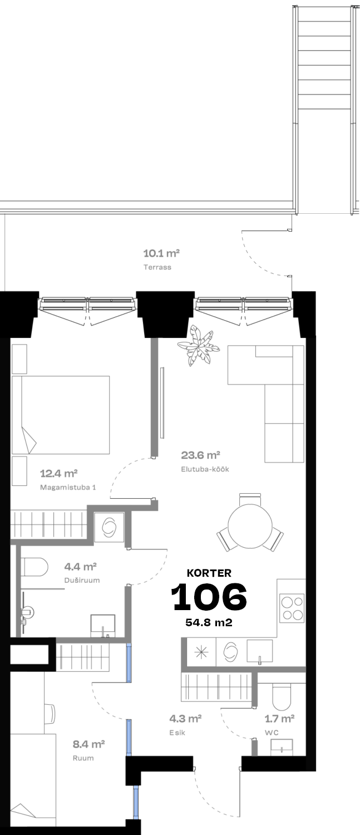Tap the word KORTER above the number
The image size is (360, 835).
pos(209,573)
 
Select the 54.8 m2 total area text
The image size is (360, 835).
pos(209,622)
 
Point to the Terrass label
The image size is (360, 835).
pos(157,267)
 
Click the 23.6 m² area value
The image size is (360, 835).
pos(200,455)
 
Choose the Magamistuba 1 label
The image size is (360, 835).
pos(68,487)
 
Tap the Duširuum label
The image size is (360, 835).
pos(82,580)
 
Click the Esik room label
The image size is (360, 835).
pos(177,733)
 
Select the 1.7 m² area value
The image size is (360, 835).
pos(279,718)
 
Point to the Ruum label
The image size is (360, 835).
pos(83,758)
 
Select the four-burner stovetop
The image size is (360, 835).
pos(292,608)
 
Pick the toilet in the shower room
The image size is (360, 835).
pos(34,567)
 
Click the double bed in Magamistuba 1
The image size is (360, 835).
pos(61,415)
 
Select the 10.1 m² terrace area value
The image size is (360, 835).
pos(162,253)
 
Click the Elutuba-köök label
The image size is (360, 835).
pos(205,469)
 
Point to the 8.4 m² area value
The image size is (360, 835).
pos(88,744)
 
